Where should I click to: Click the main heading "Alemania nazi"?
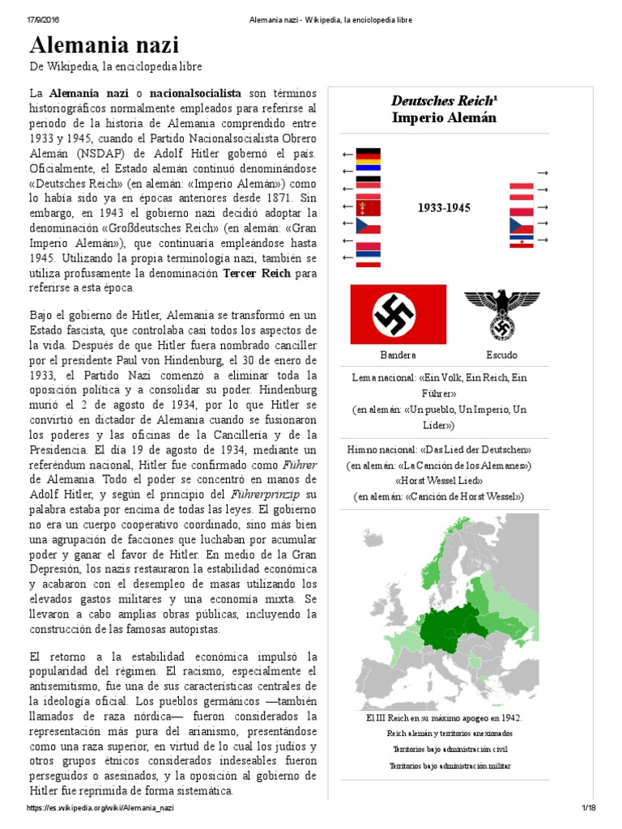click(104, 45)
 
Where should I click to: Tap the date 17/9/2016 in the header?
click(45, 19)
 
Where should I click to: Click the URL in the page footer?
click(101, 808)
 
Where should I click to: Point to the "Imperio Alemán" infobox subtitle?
click(443, 118)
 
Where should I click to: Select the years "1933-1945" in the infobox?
click(444, 208)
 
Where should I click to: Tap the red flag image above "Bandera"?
click(398, 314)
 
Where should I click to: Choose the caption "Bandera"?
click(398, 355)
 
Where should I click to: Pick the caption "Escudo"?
click(501, 355)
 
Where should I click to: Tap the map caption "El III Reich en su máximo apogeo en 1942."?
click(444, 717)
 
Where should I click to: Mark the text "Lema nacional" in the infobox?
click(384, 378)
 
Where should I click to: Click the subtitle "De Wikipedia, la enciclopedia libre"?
click(115, 66)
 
